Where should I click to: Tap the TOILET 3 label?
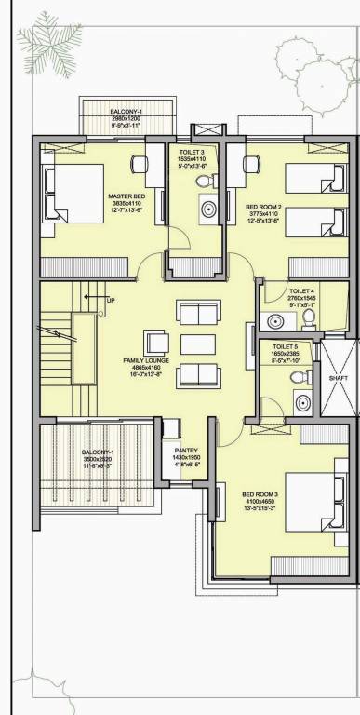193,150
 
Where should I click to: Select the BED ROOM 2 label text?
263,206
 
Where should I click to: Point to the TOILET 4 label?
302,290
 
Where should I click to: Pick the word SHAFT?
339,379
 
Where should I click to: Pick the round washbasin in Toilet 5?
302,403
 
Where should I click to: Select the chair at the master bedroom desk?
140,165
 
